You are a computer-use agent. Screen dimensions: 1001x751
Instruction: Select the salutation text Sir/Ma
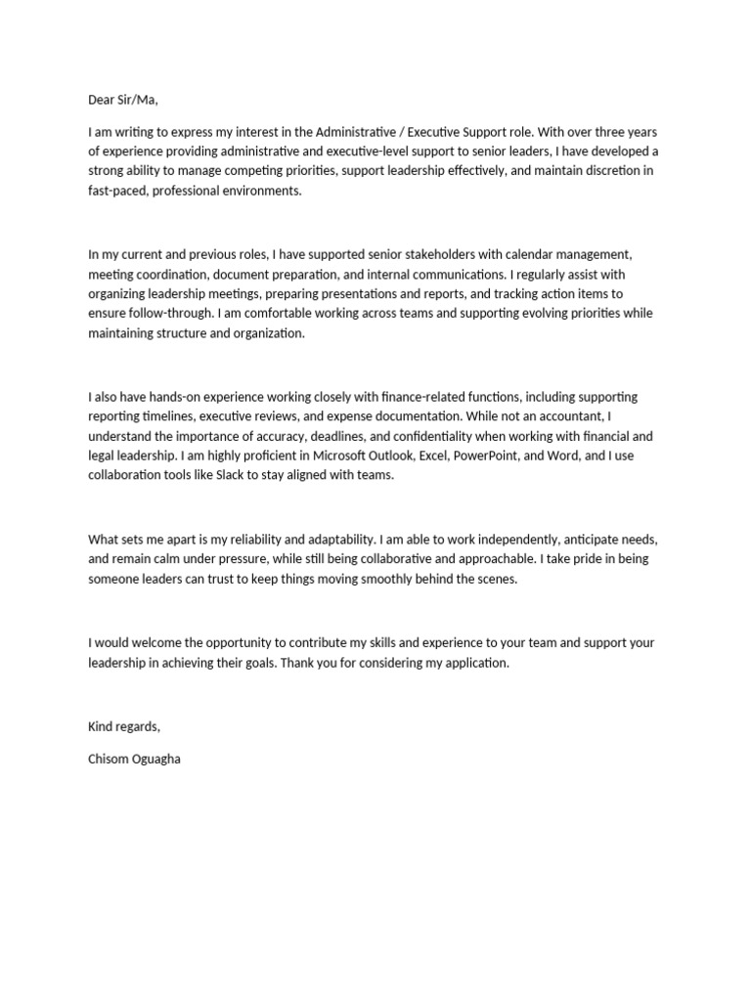click(139, 99)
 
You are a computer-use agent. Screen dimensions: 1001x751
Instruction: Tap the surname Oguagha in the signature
click(155, 759)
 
